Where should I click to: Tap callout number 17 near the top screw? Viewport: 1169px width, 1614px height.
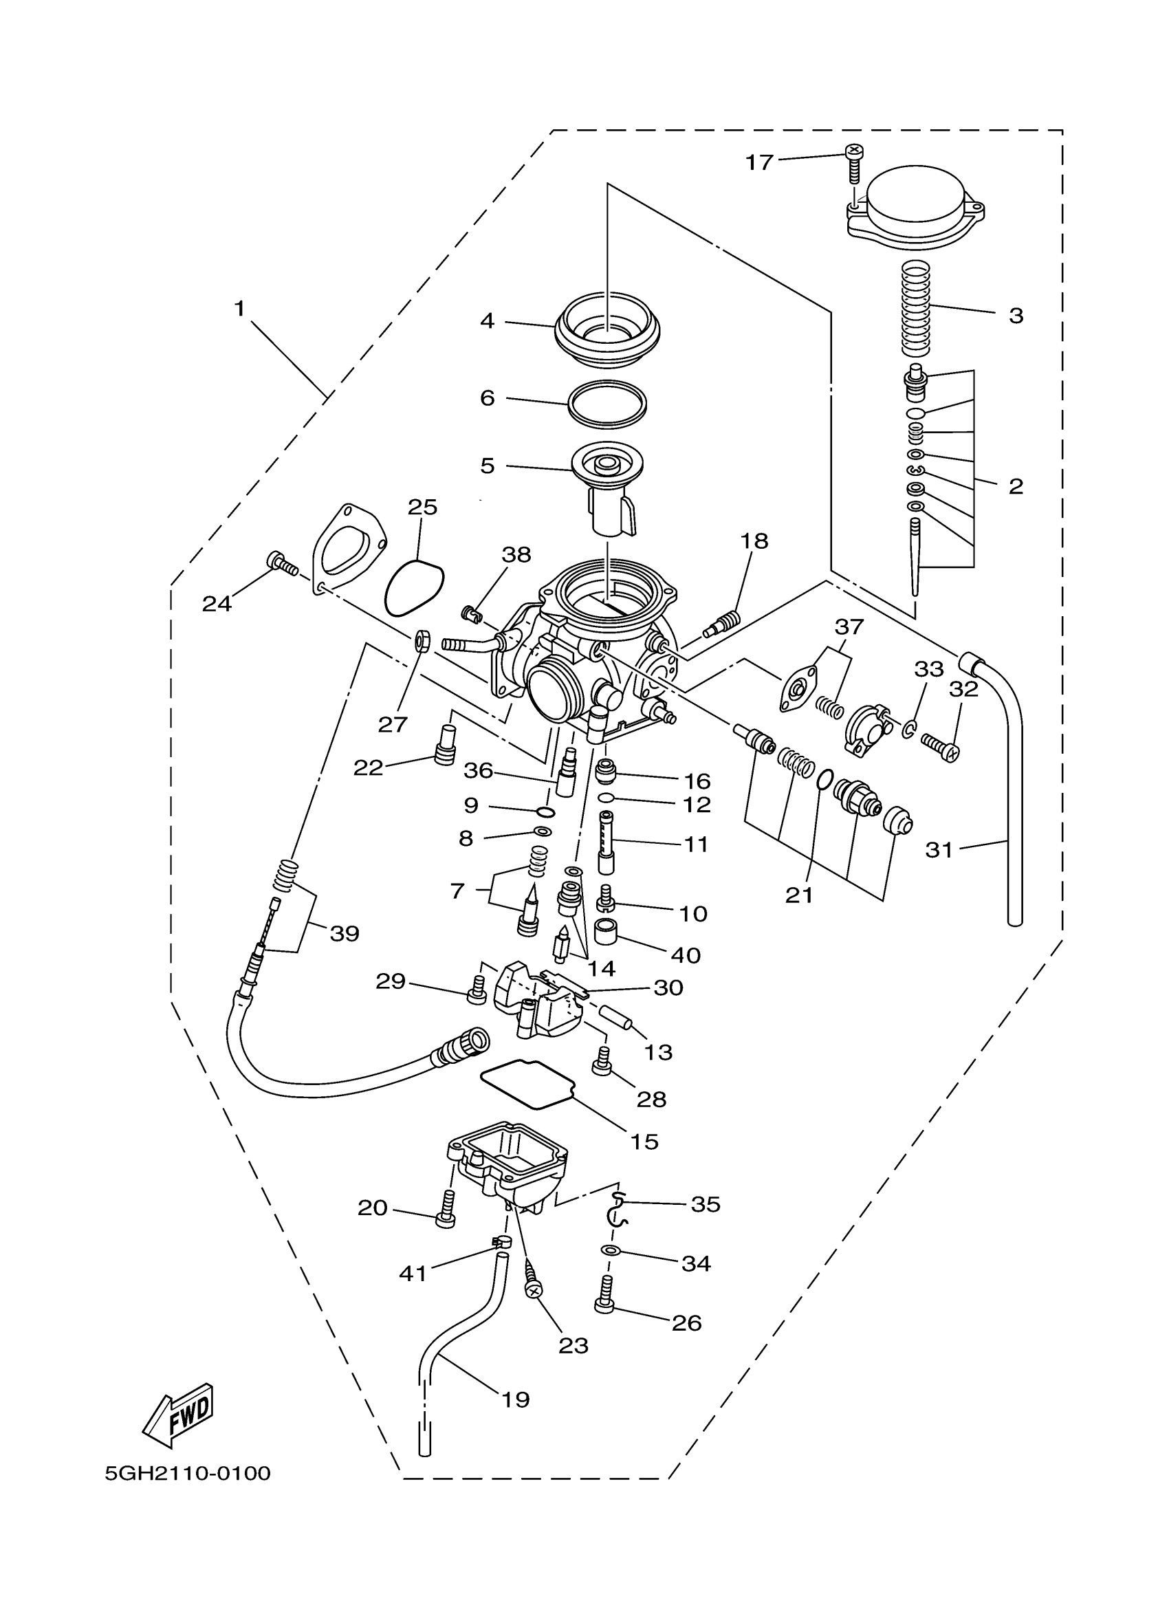[x=758, y=163]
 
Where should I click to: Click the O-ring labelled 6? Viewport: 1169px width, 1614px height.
[x=607, y=404]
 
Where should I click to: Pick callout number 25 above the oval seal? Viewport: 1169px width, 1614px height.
[x=422, y=508]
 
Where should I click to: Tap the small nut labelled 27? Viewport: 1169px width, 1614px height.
[x=422, y=641]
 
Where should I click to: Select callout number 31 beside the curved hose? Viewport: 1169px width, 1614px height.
[x=939, y=849]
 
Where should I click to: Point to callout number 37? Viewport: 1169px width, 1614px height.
[x=849, y=627]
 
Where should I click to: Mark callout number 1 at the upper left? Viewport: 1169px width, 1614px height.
[x=240, y=308]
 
